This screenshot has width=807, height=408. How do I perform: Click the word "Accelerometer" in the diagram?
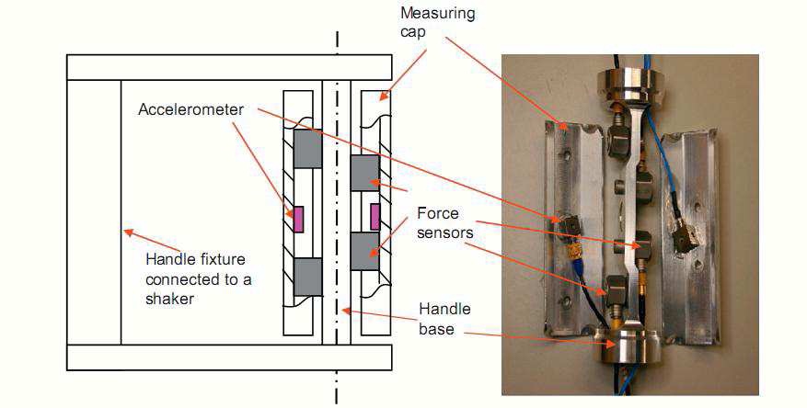point(191,109)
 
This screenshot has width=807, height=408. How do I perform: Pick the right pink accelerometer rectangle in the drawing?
point(375,217)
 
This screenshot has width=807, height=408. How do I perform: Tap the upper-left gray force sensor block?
point(306,148)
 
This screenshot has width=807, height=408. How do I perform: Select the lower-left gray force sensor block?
point(306,277)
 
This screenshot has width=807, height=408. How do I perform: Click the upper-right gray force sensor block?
point(365,173)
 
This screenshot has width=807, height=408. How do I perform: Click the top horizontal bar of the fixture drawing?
point(230,66)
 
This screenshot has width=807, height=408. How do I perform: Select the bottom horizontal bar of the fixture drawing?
point(230,357)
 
